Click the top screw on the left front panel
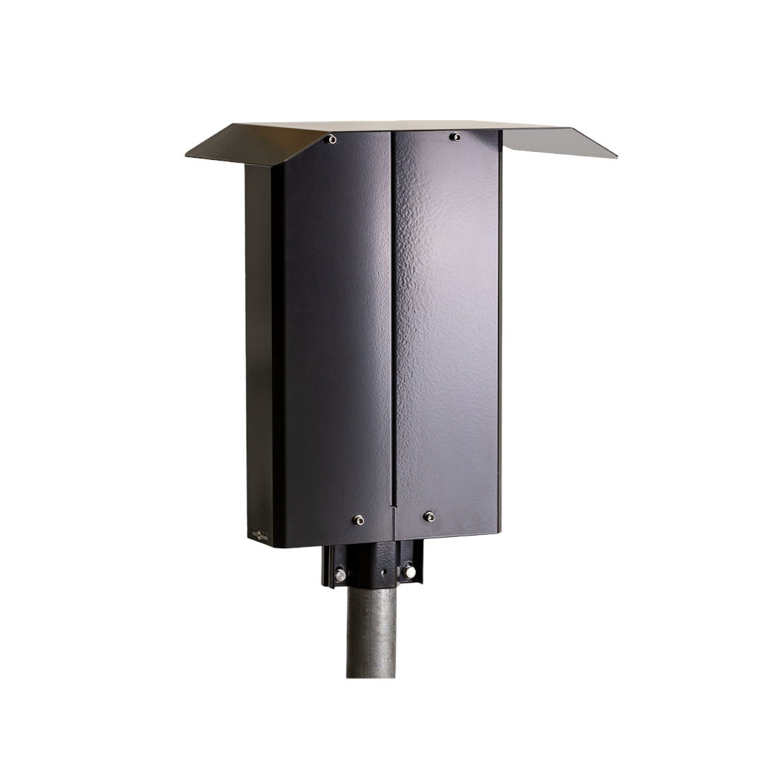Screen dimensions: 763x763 331,141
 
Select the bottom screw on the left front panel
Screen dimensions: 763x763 359,519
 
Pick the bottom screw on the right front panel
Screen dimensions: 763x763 427,516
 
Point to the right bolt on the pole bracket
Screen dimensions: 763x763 407,569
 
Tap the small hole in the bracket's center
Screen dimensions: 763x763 382,572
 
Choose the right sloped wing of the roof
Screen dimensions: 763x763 558,141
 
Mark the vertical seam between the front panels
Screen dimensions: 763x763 392,318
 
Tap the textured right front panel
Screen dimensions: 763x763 449,318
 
